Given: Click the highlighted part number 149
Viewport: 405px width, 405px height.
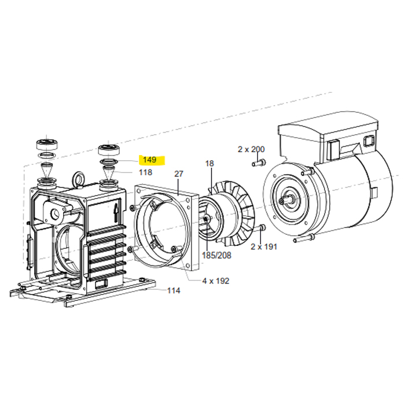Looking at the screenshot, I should tap(150, 160).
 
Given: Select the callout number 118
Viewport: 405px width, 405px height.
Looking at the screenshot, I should tap(145, 172).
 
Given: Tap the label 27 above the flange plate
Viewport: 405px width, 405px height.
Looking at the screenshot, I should tap(178, 174).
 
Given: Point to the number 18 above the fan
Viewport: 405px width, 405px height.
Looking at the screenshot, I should tap(209, 164).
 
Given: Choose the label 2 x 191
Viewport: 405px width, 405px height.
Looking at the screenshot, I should tap(264, 246).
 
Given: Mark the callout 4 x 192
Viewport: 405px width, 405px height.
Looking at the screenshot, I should tap(215, 281).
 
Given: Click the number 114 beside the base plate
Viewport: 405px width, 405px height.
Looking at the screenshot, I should tap(174, 291).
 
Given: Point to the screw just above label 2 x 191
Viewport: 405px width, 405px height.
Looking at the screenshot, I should tap(262, 229).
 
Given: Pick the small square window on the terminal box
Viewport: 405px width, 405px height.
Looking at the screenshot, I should tap(369, 142).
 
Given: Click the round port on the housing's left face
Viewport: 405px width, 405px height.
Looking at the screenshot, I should tap(57, 213).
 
